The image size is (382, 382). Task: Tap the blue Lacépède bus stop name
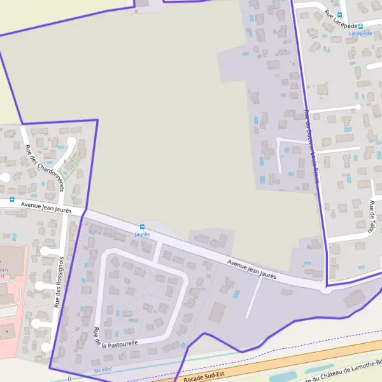360,32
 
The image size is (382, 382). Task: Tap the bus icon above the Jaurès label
141,227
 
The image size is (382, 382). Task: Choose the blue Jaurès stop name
141,234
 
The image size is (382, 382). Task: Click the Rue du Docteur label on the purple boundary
311,146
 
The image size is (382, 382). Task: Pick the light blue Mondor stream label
102,370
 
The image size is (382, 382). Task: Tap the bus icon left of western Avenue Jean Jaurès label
12,199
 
